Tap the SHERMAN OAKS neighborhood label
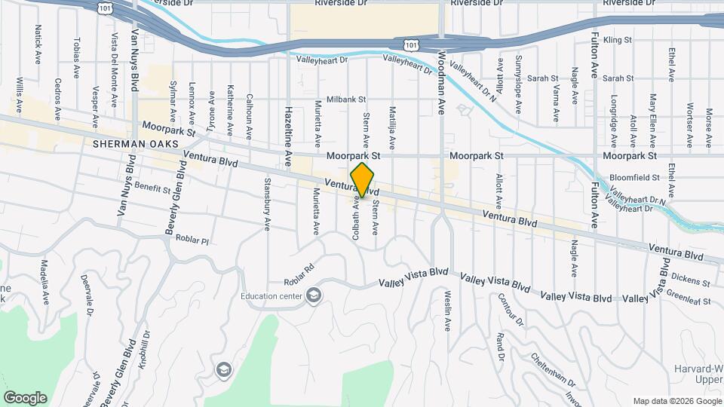[x=124, y=143]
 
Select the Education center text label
[x=271, y=295]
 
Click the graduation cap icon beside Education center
[x=313, y=295]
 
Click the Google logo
[x=25, y=397]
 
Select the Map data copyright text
[x=676, y=400]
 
